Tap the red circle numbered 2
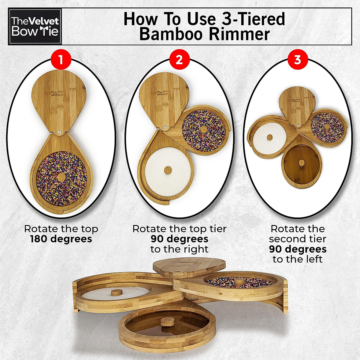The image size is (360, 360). pos(179,60)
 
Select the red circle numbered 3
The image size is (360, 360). pos(297,60)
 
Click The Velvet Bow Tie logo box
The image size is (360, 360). pos(35,26)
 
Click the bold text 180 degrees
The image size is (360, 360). pos(61,239)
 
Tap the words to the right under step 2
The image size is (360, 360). pos(179,249)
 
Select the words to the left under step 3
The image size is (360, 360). pos(297,259)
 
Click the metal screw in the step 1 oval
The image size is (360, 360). pos(59,131)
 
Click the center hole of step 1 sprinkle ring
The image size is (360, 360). pos(61,177)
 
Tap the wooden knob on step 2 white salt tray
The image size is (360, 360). pos(168,170)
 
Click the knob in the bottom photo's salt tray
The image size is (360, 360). pos(115,292)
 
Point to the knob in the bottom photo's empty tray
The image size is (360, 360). pos(165,323)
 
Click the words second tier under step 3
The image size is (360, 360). pos(297,239)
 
